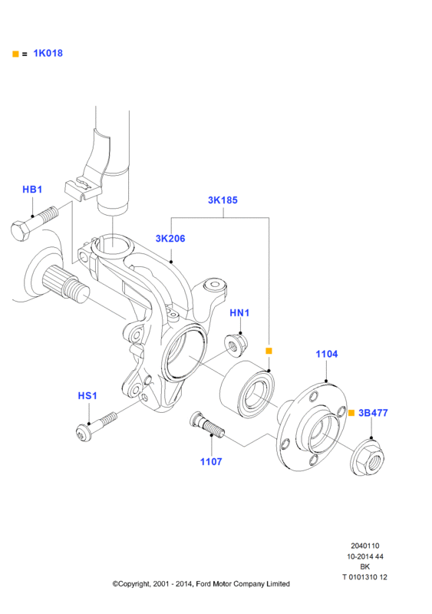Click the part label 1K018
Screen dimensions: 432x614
pos(48,53)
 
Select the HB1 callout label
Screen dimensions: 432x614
pos(32,190)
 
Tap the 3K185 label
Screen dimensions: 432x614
pos(223,200)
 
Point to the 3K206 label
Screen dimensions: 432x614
pos(170,239)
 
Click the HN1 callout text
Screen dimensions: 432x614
pos(239,313)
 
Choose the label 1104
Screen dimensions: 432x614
pos(327,354)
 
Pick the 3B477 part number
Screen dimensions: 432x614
pos(373,413)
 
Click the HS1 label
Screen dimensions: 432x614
pos(87,396)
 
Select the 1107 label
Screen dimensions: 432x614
pos(211,462)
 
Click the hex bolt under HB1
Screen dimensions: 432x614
pos(34,224)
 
